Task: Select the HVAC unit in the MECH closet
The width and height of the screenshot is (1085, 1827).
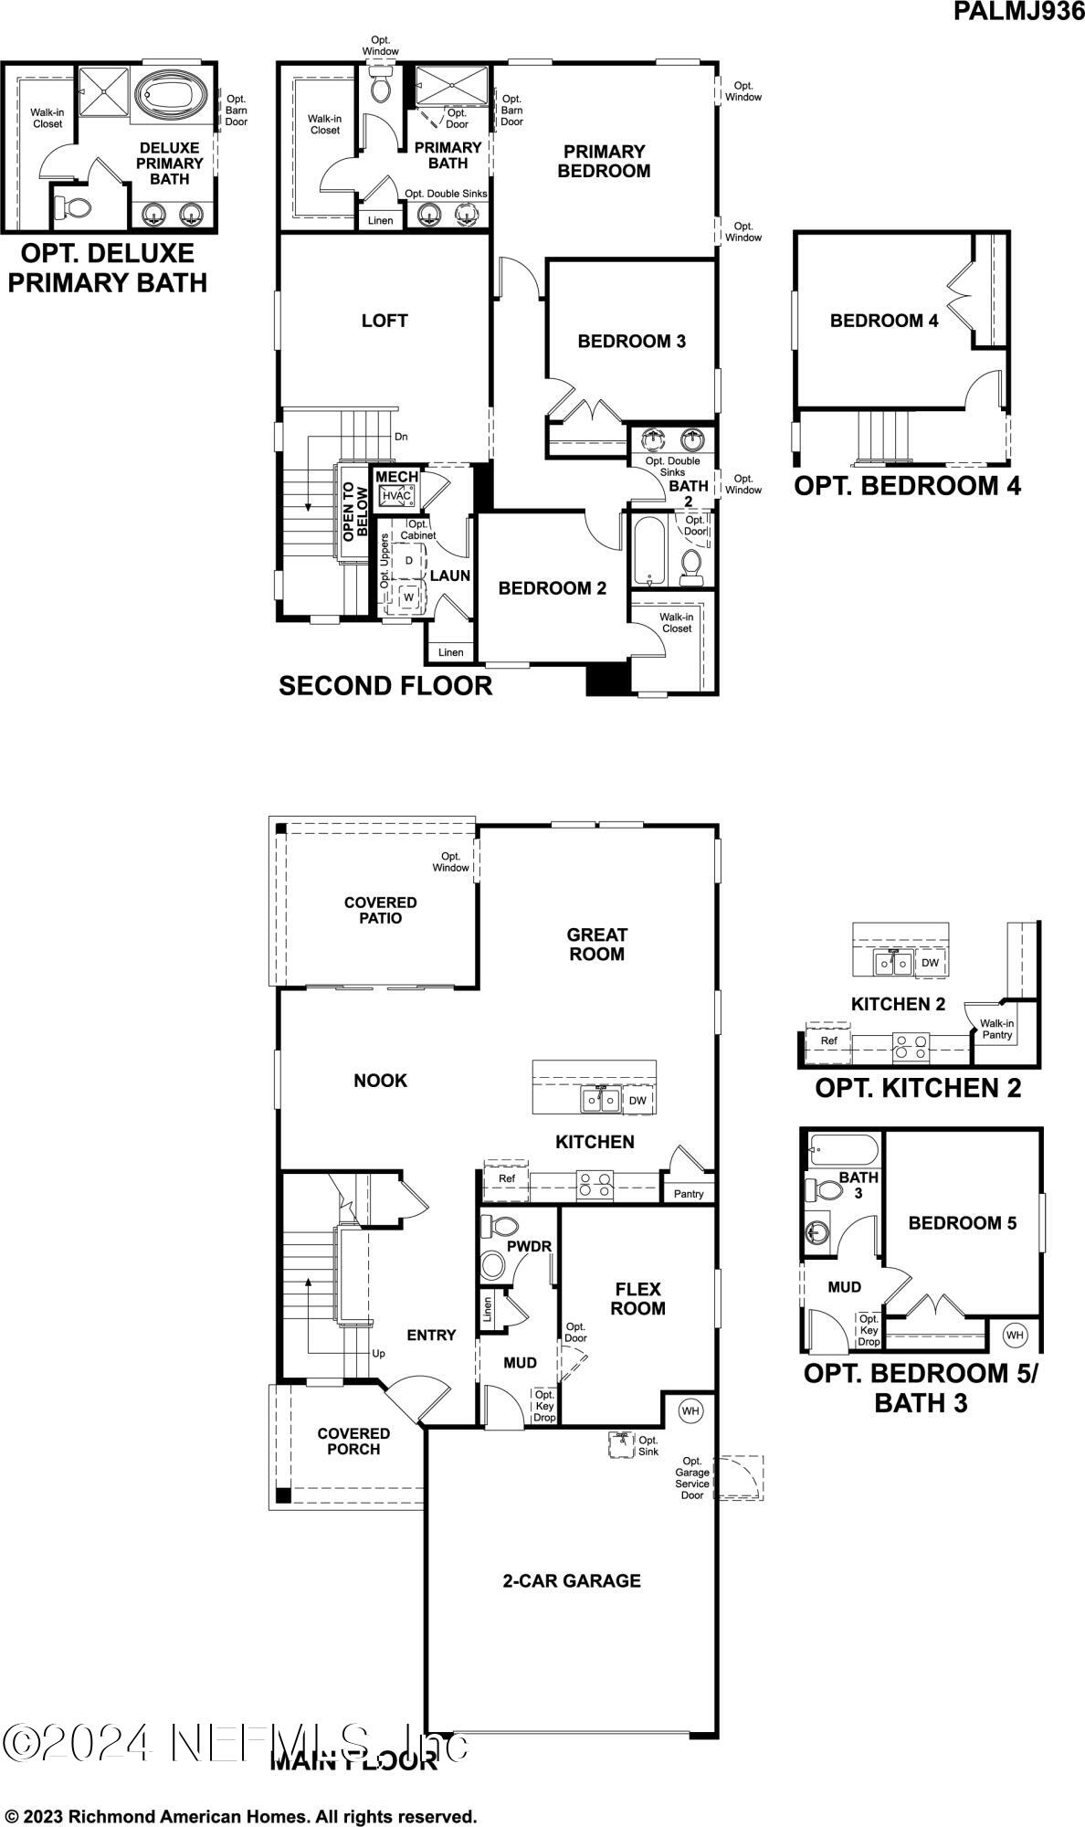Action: click(x=396, y=495)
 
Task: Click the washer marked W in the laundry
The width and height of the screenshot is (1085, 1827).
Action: click(x=408, y=597)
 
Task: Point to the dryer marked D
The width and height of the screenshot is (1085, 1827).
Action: click(x=408, y=560)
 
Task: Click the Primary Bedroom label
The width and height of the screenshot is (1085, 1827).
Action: click(x=604, y=161)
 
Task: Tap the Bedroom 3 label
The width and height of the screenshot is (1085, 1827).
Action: click(x=631, y=341)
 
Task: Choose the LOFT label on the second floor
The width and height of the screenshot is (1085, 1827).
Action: click(x=384, y=321)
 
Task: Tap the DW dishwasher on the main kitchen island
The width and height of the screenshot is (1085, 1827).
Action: click(x=637, y=1100)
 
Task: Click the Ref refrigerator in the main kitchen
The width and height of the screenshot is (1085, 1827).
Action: click(x=507, y=1178)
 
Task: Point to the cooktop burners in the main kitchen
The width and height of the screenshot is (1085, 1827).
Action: click(x=595, y=1186)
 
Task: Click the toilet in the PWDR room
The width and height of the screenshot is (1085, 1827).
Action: click(x=494, y=1265)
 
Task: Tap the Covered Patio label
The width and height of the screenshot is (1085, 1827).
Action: click(x=380, y=910)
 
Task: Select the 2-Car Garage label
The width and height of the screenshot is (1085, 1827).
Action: click(x=572, y=1580)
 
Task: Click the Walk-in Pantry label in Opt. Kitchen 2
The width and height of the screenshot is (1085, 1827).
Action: click(x=997, y=1030)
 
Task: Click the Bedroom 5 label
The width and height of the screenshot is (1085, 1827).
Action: click(x=962, y=1223)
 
